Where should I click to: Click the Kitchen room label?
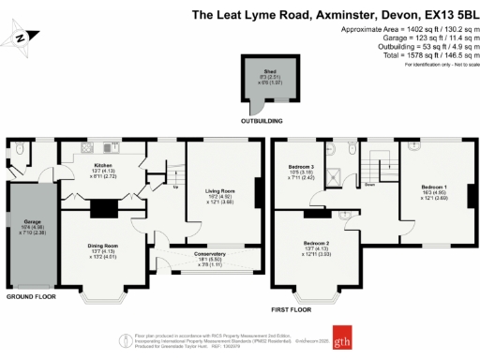tap(97, 165)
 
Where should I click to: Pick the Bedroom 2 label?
tap(317, 243)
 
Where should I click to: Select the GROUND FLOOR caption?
tap(31, 297)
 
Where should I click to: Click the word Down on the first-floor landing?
tap(369, 185)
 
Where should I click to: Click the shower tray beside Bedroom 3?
tap(332, 150)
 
